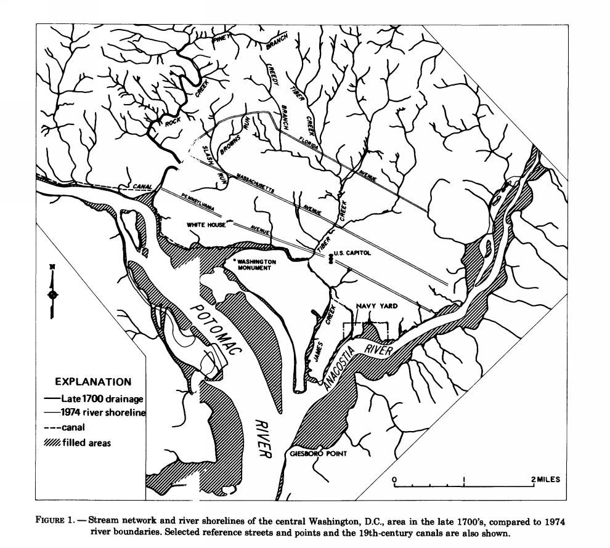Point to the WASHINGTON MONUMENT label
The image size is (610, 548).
tap(259, 265)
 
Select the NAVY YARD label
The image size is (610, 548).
tap(376, 305)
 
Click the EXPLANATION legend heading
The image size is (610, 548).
tap(93, 382)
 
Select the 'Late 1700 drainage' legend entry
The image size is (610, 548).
tap(102, 398)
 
